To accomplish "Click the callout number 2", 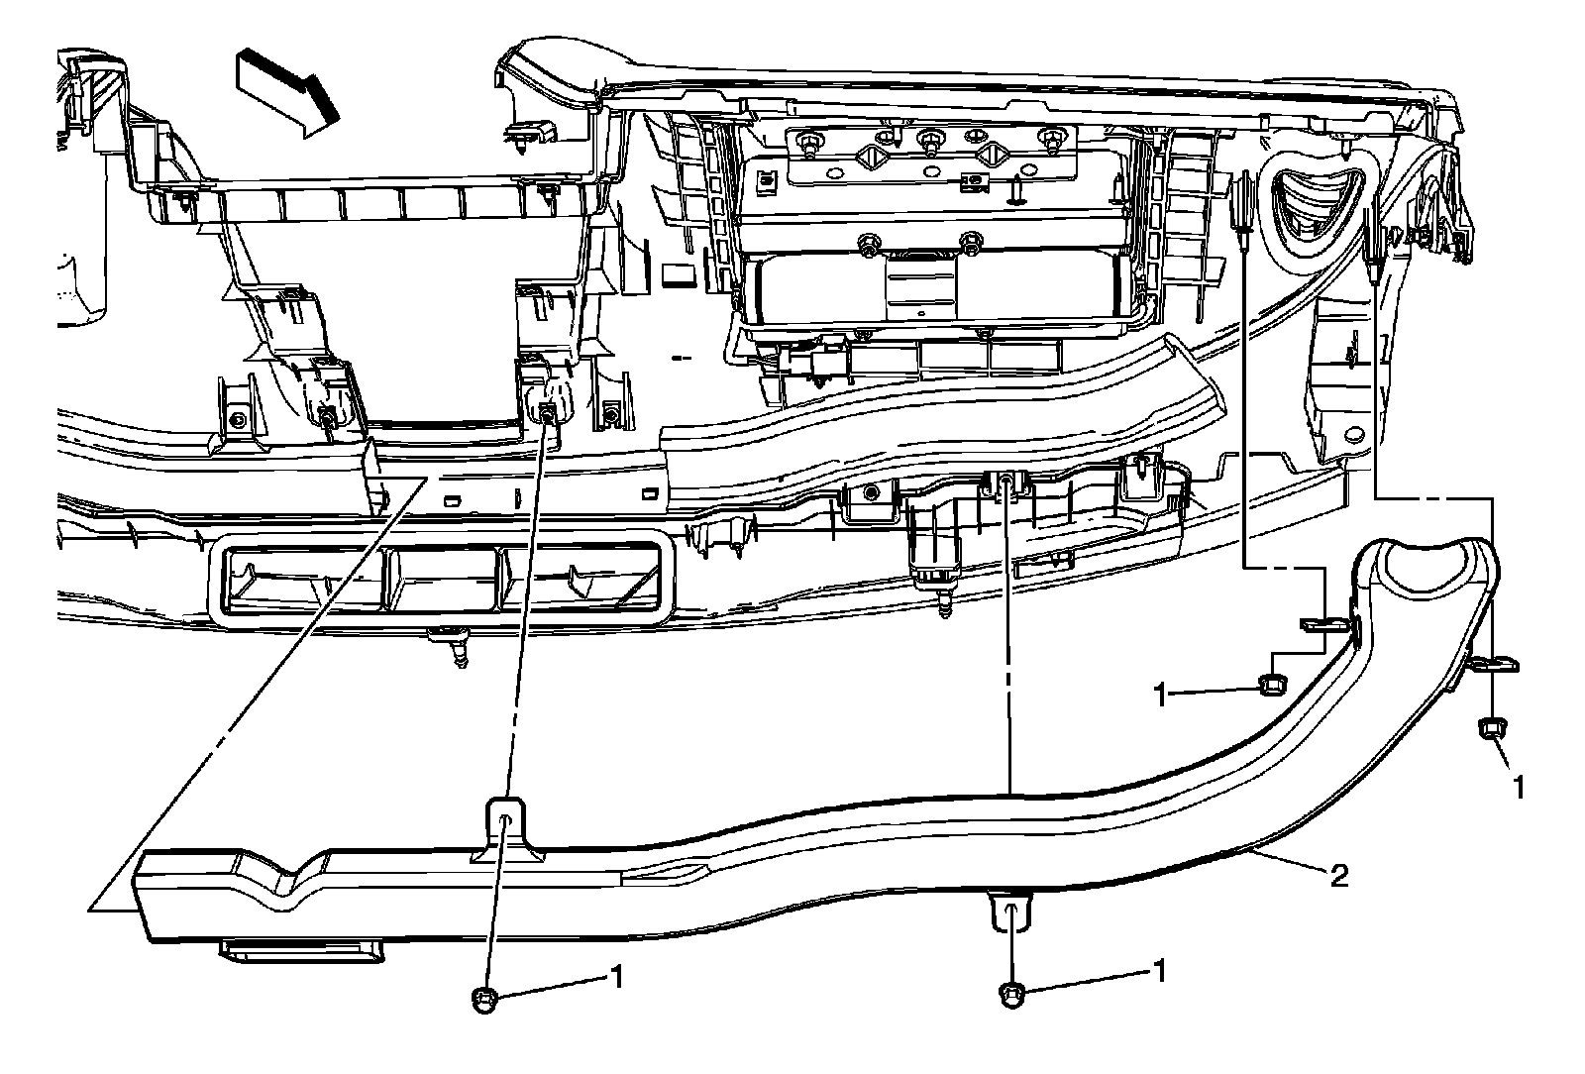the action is (1338, 876).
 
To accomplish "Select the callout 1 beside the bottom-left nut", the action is (615, 978).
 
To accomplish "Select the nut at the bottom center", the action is (1011, 992).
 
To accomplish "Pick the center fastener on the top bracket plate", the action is (929, 141).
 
